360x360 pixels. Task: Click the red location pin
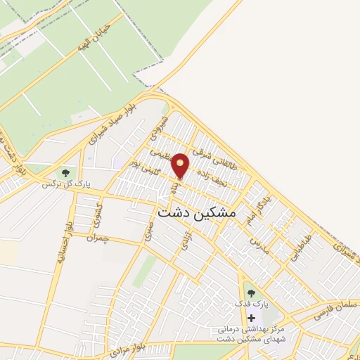(181, 166)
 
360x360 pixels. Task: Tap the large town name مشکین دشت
(198, 210)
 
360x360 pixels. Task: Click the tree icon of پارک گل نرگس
(65, 172)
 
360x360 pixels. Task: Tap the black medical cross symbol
(251, 318)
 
